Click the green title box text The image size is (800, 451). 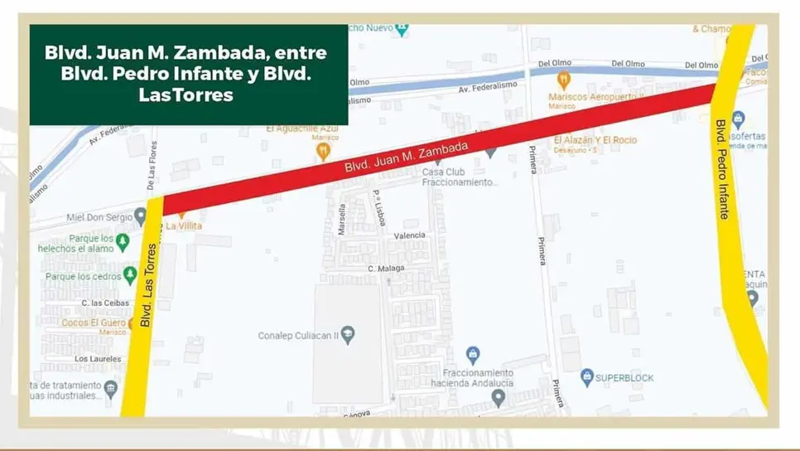point(188,74)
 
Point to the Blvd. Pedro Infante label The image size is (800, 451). point(723,169)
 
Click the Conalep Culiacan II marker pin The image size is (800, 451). point(349,335)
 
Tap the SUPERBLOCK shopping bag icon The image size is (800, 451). point(587,378)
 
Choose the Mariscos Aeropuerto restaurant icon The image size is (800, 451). point(564,80)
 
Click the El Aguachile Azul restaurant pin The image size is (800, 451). point(323,151)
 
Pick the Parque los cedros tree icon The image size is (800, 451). point(129,275)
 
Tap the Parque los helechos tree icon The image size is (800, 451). point(123,242)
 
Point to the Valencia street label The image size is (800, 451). point(409,235)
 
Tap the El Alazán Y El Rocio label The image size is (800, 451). point(595,140)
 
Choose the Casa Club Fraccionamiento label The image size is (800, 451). point(459,177)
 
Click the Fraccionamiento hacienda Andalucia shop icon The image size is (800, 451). point(473,355)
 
